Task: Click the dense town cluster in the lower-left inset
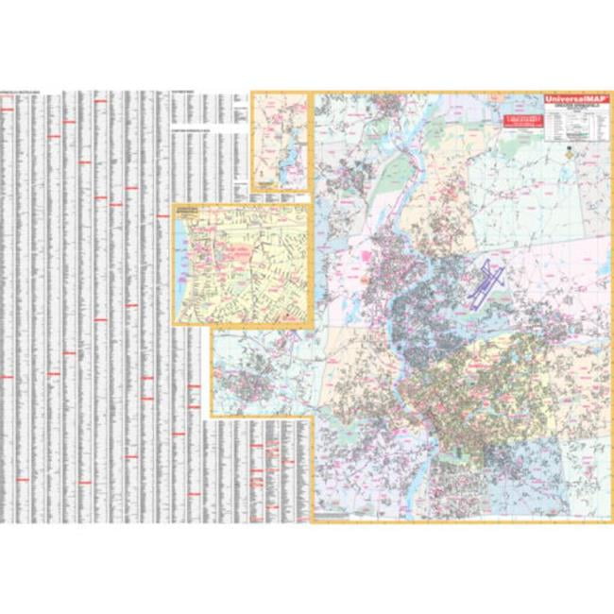tap(244, 383)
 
